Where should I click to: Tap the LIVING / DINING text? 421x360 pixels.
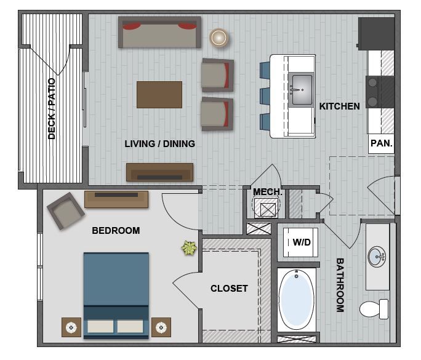point(159,144)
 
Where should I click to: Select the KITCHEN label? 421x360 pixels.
point(339,106)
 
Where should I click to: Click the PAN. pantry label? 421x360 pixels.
point(381,143)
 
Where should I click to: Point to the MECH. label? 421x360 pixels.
point(268,193)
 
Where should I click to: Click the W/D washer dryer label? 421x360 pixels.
point(301,242)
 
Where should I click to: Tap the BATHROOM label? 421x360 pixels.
point(340,285)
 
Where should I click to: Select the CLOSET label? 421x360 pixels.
point(229,288)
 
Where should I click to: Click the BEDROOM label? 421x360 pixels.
point(116,231)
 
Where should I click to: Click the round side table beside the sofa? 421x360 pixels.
point(219,38)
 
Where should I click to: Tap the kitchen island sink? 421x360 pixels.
point(301,87)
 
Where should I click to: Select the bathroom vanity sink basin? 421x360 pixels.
point(377,255)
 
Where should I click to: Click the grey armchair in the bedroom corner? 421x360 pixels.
point(65,210)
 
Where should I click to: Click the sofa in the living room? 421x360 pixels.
point(160,33)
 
